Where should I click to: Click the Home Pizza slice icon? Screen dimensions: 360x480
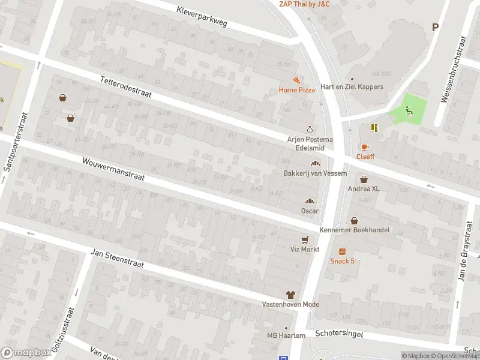coord(296,80)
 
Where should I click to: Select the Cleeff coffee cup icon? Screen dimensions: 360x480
coord(364,147)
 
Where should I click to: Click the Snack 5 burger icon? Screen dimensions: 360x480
coord(342,251)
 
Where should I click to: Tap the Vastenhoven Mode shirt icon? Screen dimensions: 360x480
coord(290,295)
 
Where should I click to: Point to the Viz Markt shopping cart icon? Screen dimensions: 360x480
coord(305,239)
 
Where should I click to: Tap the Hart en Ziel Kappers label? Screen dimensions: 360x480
coord(352,87)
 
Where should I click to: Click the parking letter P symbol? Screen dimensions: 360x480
coord(435,27)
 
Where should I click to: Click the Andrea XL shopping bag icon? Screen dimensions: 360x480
coord(364,179)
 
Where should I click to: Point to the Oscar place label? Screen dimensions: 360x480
coord(310,211)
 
